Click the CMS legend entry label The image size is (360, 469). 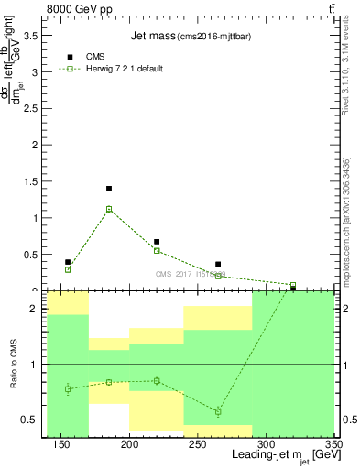[x=95, y=57]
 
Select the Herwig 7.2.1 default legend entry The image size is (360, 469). [x=125, y=70]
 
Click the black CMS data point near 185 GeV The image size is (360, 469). [x=109, y=189]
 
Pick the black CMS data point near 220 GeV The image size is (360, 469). [x=157, y=242]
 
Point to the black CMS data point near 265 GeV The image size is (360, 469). [x=218, y=264]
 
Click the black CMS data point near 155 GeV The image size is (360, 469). [x=68, y=262]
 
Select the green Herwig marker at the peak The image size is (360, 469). [x=109, y=209]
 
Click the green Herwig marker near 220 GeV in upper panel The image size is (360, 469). [x=157, y=250]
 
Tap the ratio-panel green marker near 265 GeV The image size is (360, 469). [x=218, y=411]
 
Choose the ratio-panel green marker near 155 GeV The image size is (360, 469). [x=68, y=388]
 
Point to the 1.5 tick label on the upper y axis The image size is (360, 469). [x=33, y=181]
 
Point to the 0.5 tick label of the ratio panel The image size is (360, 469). [x=33, y=420]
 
